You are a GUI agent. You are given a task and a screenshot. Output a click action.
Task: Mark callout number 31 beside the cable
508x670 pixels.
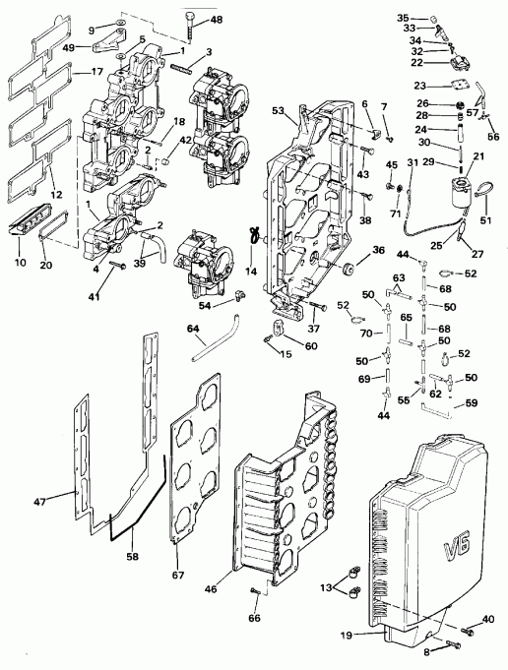tap(413, 162)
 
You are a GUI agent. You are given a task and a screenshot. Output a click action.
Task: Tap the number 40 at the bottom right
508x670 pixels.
tap(488, 619)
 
